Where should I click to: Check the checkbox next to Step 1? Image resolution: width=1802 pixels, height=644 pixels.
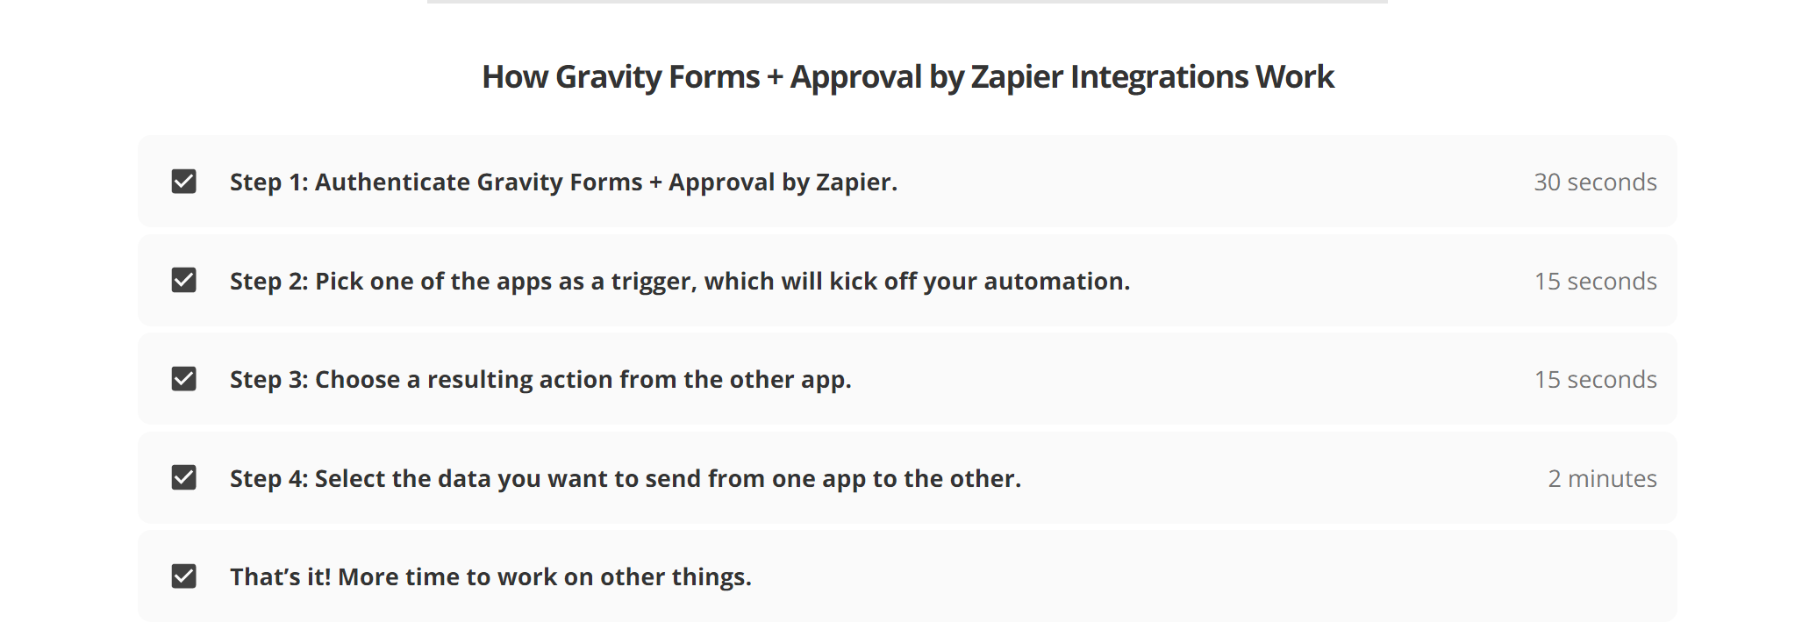[183, 182]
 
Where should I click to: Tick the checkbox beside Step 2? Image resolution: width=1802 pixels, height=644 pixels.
[183, 280]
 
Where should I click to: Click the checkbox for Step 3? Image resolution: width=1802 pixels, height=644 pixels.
[183, 379]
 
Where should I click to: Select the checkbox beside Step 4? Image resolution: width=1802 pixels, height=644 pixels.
[183, 477]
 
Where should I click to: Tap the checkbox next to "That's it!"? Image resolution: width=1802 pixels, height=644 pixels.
[183, 576]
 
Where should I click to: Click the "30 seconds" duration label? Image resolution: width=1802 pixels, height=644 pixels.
[1595, 182]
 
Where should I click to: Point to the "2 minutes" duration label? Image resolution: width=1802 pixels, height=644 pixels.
[1602, 478]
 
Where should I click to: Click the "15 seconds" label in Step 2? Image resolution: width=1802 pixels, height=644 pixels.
[1595, 281]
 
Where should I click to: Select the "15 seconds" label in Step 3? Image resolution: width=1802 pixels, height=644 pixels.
[1595, 379]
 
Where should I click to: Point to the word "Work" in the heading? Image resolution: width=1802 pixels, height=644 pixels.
[1294, 76]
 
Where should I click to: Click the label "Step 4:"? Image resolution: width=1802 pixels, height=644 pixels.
[268, 478]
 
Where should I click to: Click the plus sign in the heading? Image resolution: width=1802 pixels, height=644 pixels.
[775, 77]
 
